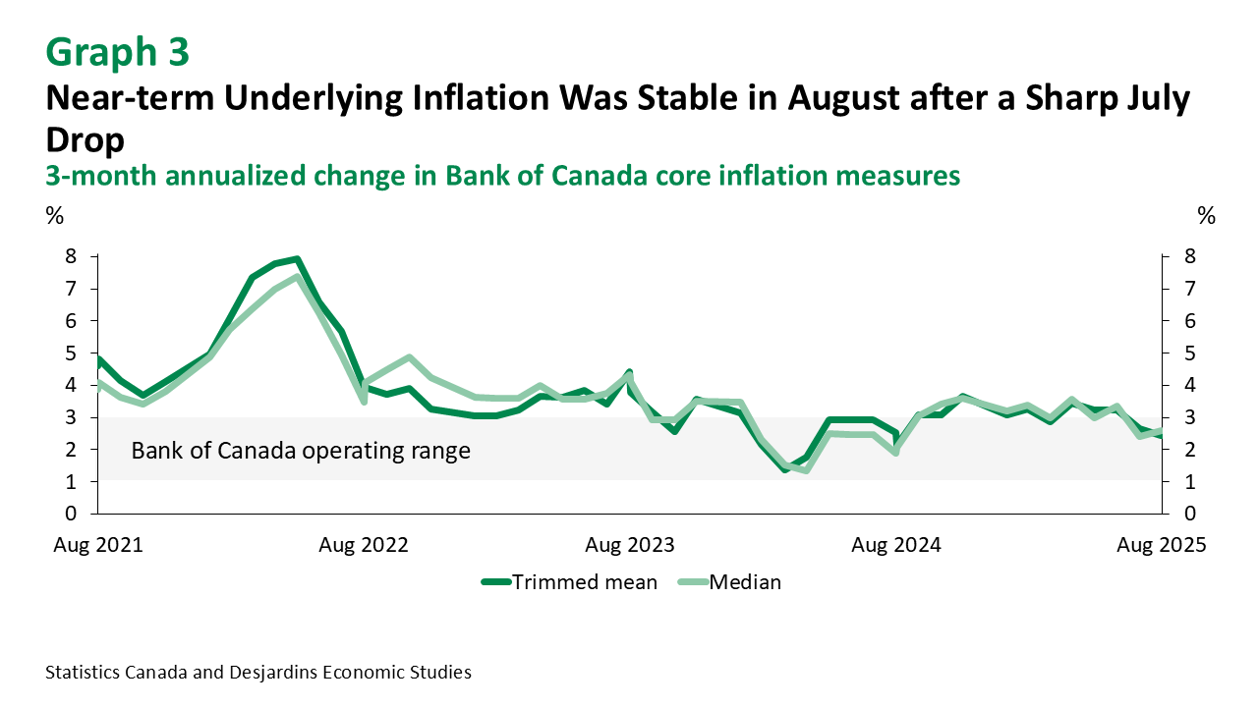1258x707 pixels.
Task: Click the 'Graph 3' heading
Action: (x=117, y=52)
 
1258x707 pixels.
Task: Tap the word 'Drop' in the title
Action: (x=86, y=139)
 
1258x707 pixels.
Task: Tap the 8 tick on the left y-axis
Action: (x=70, y=256)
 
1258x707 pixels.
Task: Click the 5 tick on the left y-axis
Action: (x=70, y=353)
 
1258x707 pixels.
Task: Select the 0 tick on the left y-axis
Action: (x=70, y=514)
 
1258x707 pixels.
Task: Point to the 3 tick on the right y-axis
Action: (x=1189, y=417)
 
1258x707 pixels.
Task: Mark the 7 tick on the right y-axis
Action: (x=1189, y=289)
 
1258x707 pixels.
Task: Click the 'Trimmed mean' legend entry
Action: (x=570, y=581)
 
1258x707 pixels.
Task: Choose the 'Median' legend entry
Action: (x=731, y=581)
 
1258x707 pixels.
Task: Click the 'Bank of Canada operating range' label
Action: (x=301, y=451)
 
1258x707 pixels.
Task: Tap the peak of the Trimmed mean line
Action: (x=297, y=259)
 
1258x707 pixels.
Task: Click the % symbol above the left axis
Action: (x=53, y=216)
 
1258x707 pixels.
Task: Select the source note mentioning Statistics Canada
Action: (x=258, y=673)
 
